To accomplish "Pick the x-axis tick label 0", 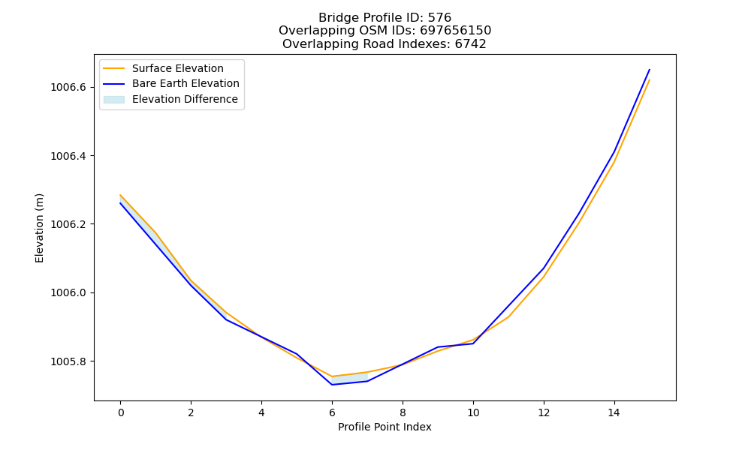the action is pyautogui.click(x=121, y=412).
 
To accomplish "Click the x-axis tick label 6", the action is pyautogui.click(x=332, y=412).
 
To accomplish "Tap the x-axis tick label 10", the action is pyautogui.click(x=473, y=412).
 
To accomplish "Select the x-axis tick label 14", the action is pyautogui.click(x=614, y=412).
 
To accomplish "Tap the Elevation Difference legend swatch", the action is pyautogui.click(x=114, y=100).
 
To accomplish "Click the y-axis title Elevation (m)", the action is pyautogui.click(x=39, y=228).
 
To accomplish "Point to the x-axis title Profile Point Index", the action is pyautogui.click(x=385, y=427).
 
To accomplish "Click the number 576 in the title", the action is pyautogui.click(x=439, y=18).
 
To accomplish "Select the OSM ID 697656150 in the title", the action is pyautogui.click(x=456, y=31).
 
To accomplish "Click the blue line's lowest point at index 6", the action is pyautogui.click(x=332, y=385).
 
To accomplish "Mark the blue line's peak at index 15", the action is pyautogui.click(x=650, y=70).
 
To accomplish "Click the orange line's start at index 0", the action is pyautogui.click(x=120, y=195).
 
